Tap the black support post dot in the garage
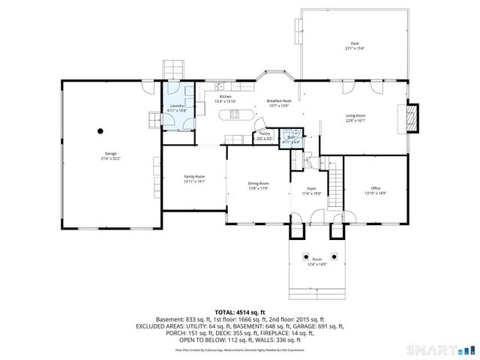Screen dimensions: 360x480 pyautogui.click(x=100, y=130)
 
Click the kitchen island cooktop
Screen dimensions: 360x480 pyautogui.click(x=234, y=115)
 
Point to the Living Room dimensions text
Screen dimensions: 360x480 pyautogui.click(x=355, y=119)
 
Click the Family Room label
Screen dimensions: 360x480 pyautogui.click(x=194, y=178)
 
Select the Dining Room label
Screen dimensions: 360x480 pyautogui.click(x=259, y=184)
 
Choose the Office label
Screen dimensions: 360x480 pyautogui.click(x=376, y=189)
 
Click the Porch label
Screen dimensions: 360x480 pyautogui.click(x=317, y=260)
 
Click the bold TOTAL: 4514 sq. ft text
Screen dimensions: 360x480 pyautogui.click(x=240, y=312)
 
